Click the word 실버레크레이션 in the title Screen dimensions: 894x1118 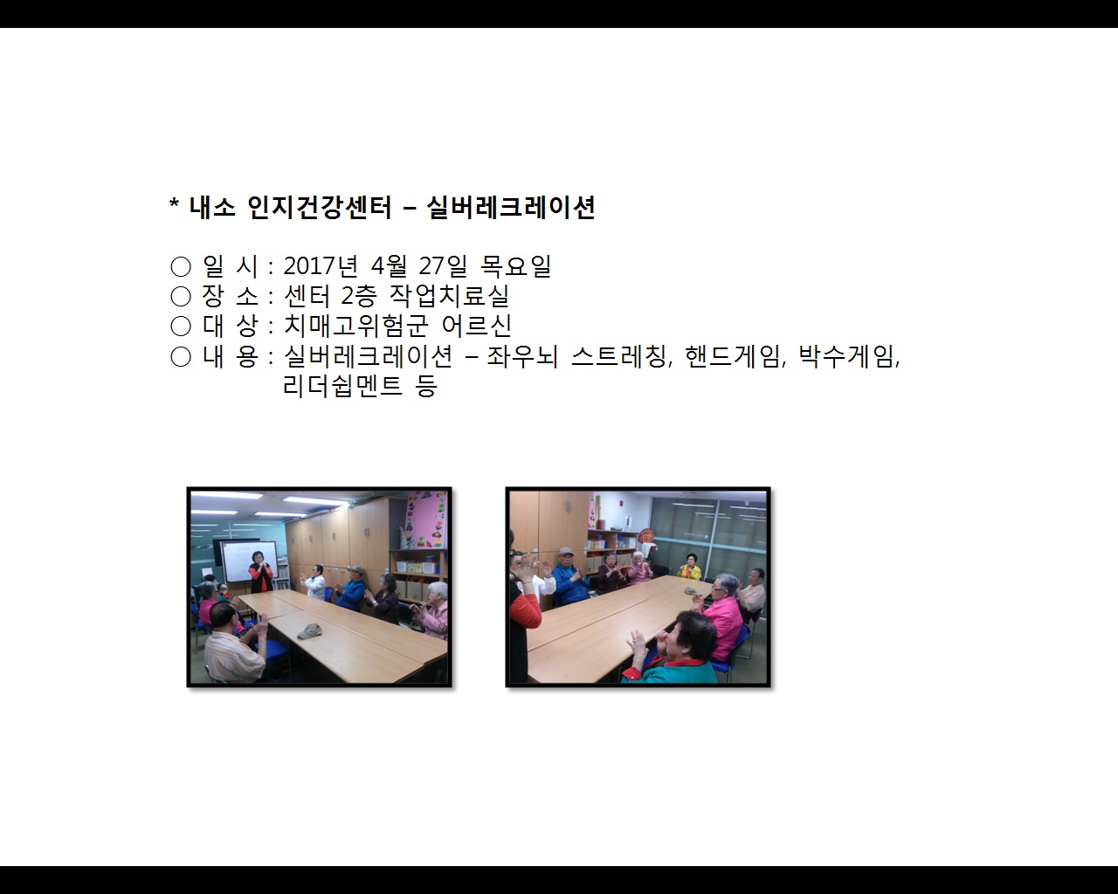[x=511, y=208]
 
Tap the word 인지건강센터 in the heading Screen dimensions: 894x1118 [x=320, y=208]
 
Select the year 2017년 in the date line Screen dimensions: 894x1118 [x=321, y=266]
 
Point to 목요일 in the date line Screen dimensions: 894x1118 [x=515, y=266]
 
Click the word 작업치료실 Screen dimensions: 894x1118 [x=449, y=296]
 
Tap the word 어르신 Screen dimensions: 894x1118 [x=476, y=326]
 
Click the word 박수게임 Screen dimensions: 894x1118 [x=847, y=356]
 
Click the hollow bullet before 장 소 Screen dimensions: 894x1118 [x=181, y=297]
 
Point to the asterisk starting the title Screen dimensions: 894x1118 [x=174, y=208]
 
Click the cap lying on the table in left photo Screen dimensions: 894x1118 [x=309, y=630]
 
